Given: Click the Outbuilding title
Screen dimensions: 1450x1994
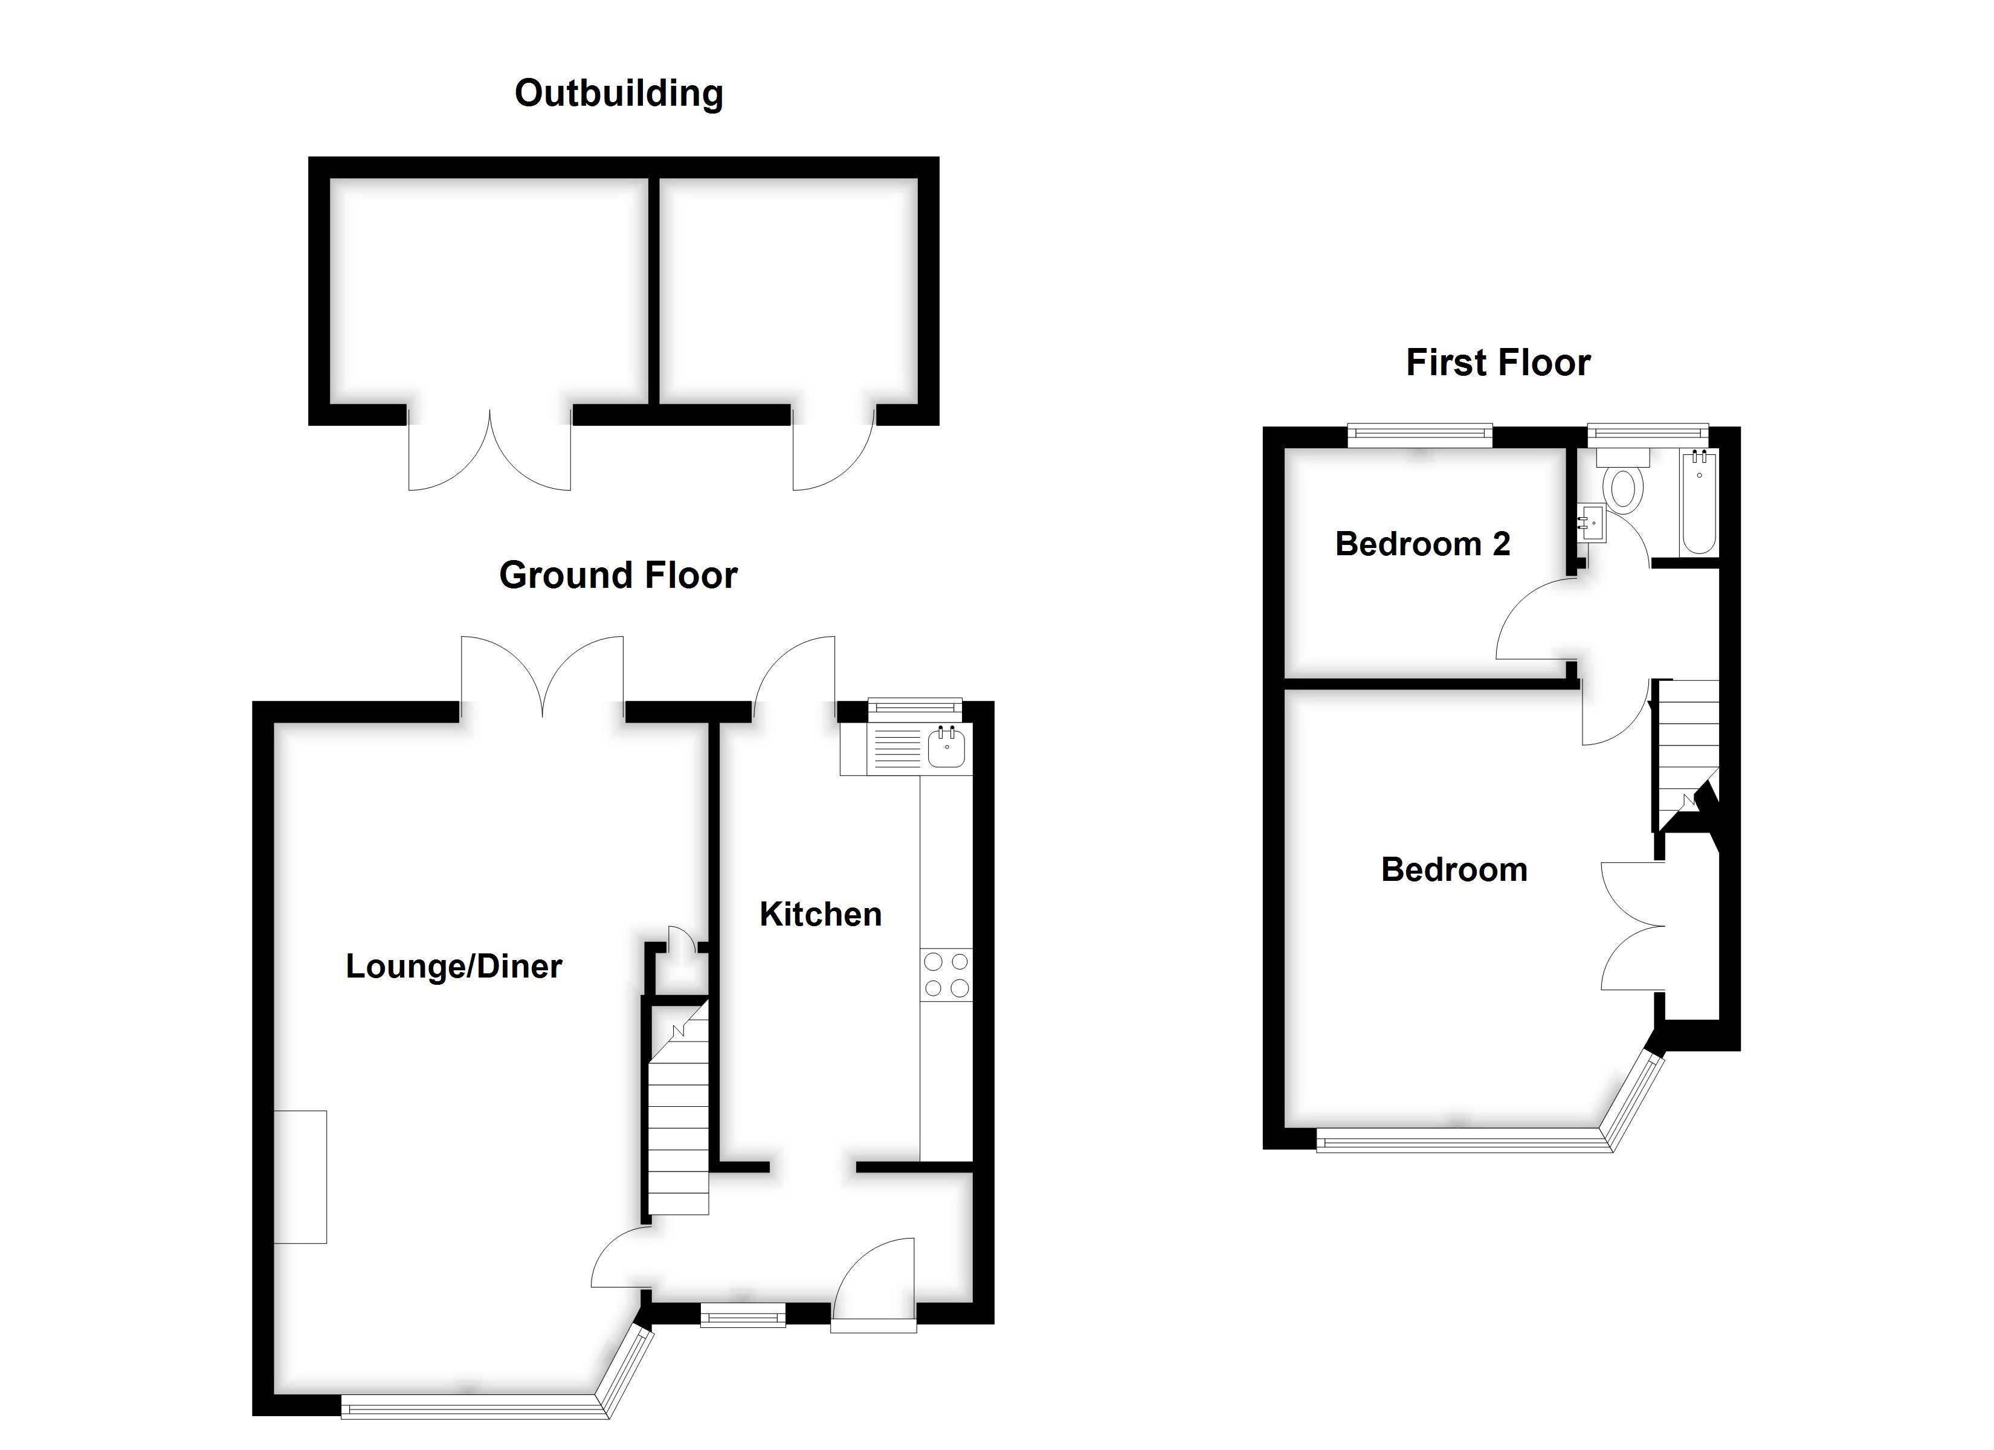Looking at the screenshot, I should click(x=618, y=93).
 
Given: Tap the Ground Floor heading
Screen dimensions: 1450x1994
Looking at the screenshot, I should click(x=618, y=575).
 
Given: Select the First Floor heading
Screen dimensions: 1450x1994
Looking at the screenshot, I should click(x=1497, y=362).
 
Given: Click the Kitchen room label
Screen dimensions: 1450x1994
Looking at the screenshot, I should click(x=821, y=915).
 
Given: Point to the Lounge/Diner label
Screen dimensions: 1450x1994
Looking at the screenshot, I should click(x=454, y=967).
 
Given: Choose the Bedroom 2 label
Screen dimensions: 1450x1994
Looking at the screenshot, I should click(x=1422, y=544).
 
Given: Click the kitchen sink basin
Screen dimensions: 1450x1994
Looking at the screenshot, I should click(x=947, y=750).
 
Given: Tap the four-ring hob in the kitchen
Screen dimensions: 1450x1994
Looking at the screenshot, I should click(x=947, y=975).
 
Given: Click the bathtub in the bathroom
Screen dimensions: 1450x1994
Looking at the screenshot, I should click(x=1699, y=503).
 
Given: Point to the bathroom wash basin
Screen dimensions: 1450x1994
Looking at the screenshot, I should click(x=1592, y=523).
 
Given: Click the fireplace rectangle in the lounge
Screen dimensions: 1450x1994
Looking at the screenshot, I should click(x=300, y=1176).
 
